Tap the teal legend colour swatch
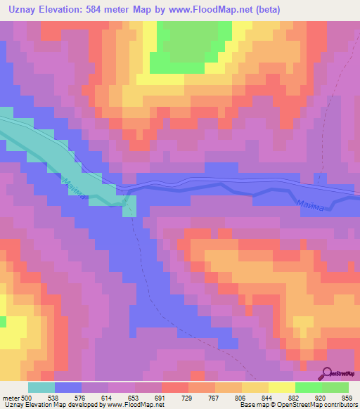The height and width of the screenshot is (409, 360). point(41,387)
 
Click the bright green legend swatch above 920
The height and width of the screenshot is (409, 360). point(308,387)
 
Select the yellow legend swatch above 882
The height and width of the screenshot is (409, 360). point(281,387)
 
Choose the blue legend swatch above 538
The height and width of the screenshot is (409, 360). point(68,387)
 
